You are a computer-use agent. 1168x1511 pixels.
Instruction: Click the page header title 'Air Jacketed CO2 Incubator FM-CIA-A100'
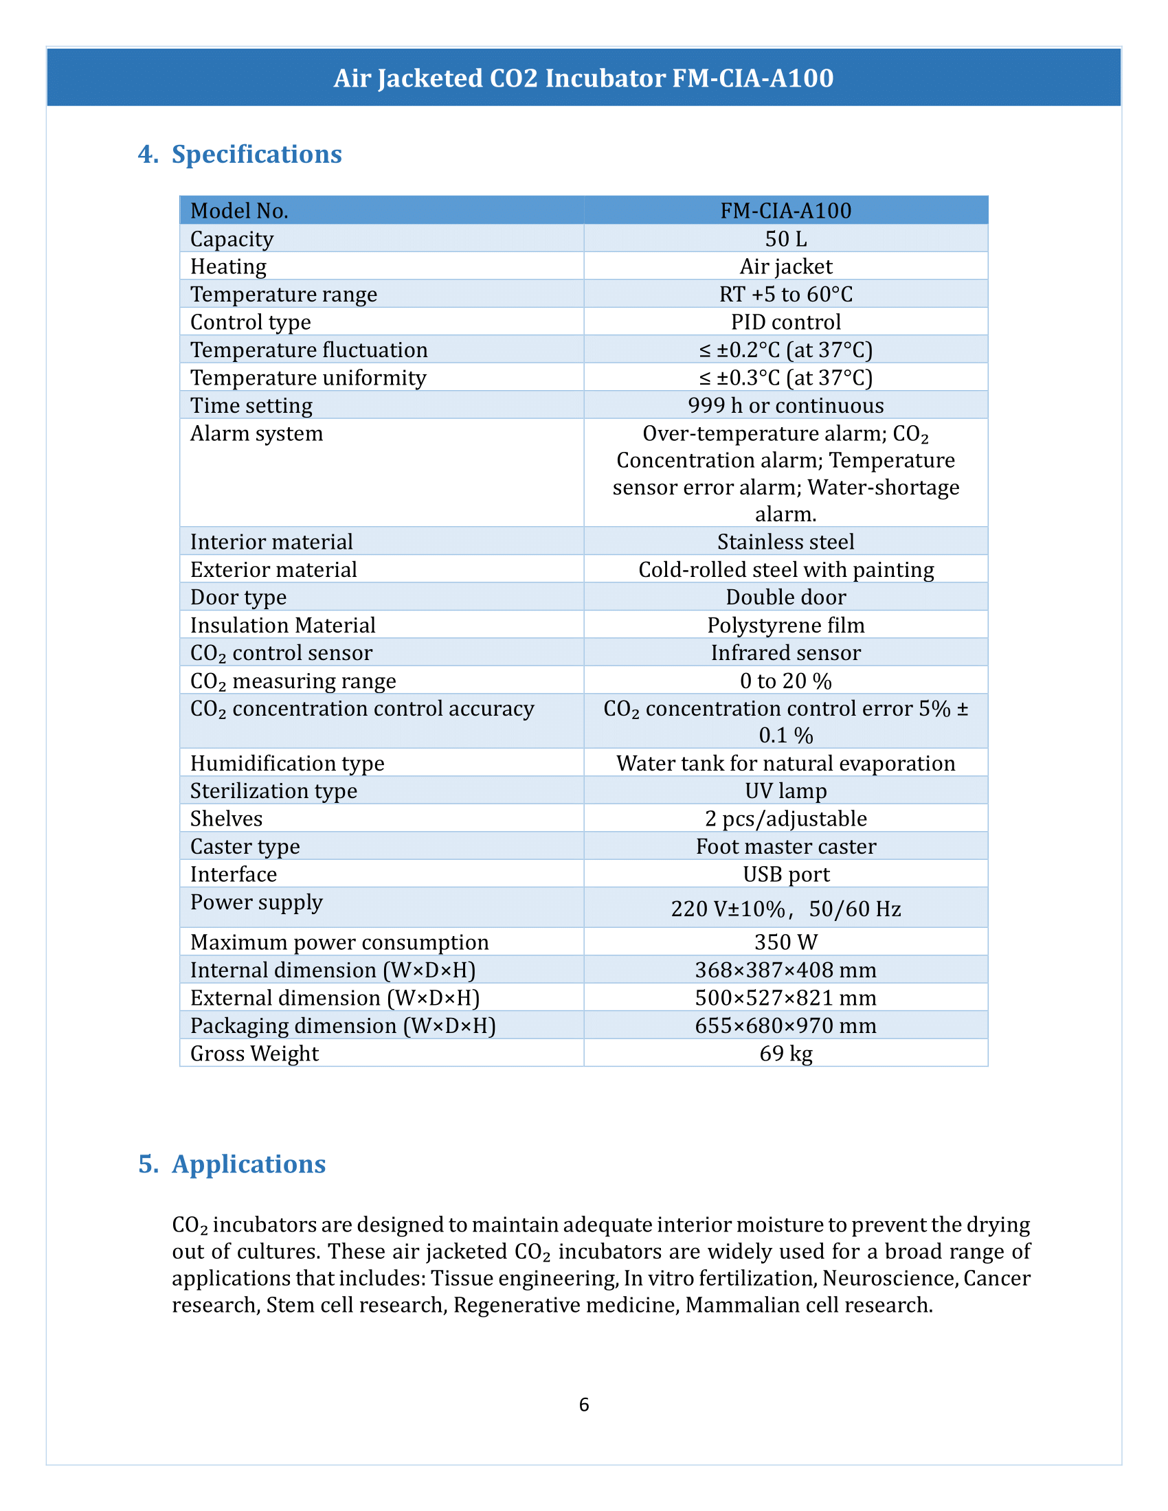pos(583,78)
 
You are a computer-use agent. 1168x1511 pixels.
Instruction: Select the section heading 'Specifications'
pos(256,155)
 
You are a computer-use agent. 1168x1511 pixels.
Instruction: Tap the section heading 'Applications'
pos(249,1164)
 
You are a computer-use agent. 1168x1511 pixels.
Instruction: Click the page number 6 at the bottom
pos(584,1405)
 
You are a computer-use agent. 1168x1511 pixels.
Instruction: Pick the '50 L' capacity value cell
pos(785,239)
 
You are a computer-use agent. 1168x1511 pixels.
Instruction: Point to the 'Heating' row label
pos(228,266)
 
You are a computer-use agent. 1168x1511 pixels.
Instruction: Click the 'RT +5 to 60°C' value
pos(785,294)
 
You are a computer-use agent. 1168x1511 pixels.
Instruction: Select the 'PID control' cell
pos(785,321)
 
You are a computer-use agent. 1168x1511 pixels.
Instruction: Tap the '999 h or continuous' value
pos(785,405)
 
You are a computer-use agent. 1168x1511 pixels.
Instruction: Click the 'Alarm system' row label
pos(257,434)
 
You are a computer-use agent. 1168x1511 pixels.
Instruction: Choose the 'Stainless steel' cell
pos(785,542)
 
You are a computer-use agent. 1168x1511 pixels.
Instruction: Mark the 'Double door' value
pos(785,597)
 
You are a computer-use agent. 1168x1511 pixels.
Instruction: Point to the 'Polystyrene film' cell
pos(785,625)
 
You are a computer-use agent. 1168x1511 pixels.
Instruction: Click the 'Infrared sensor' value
pos(785,652)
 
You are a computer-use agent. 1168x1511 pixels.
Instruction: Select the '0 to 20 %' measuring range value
pos(785,681)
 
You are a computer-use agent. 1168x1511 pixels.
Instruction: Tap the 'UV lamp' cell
pos(785,791)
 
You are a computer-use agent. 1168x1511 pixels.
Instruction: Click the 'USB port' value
pos(785,874)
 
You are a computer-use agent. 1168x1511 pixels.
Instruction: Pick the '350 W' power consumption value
pos(785,942)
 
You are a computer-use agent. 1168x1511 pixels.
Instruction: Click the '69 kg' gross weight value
pos(785,1053)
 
